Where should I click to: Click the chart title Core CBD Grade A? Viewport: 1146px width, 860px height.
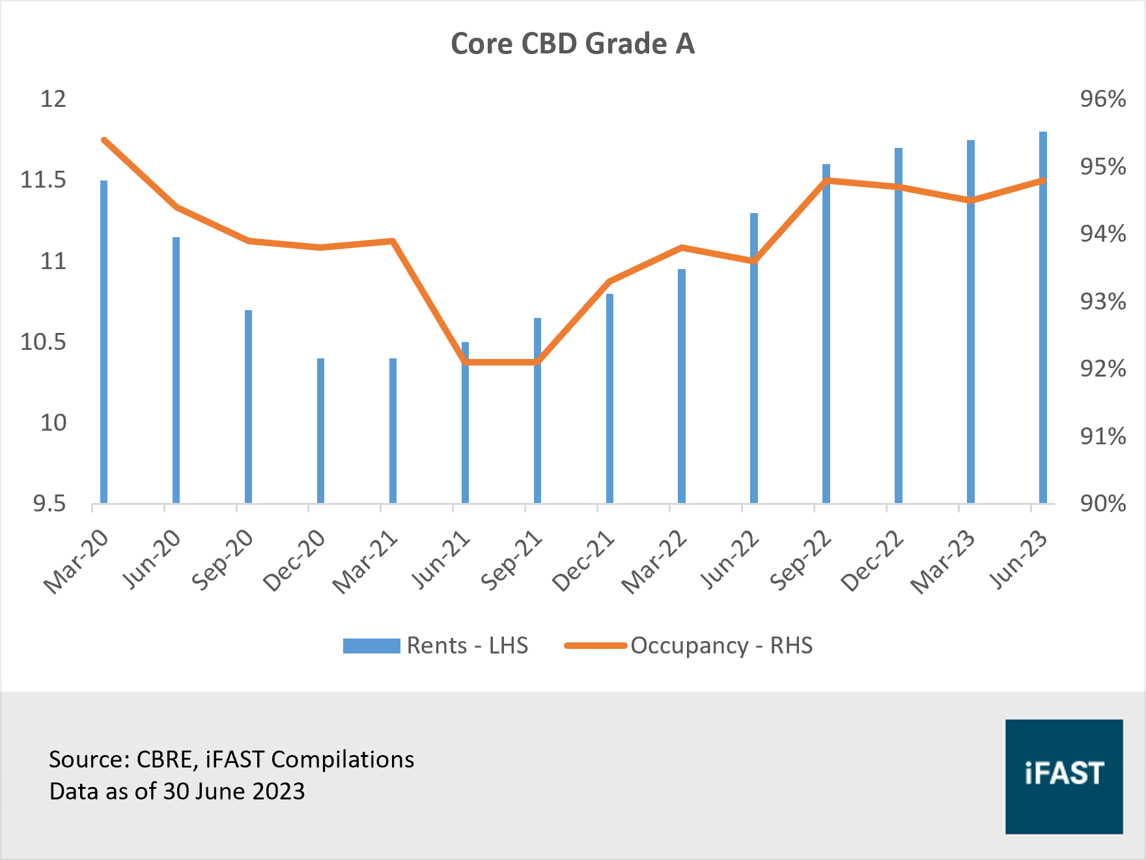pos(572,44)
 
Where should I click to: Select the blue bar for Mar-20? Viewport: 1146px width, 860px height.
pos(104,341)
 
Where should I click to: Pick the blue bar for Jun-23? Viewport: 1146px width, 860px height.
pos(1043,317)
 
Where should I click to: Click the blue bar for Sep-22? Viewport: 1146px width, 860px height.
pos(826,334)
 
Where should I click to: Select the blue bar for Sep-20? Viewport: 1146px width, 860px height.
pos(248,407)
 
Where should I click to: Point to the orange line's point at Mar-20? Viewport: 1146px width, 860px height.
pos(104,140)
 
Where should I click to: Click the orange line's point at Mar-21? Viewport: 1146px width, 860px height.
pos(393,241)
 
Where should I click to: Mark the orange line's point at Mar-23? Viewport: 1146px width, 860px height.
pos(971,200)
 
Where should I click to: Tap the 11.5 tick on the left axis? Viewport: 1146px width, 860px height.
pos(43,180)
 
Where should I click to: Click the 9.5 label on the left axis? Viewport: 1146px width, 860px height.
pos(49,504)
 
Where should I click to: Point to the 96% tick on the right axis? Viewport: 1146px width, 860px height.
pos(1102,99)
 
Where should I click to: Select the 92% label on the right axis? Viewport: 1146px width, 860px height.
pos(1102,369)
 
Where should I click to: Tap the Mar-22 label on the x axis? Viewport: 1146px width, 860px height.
pos(654,561)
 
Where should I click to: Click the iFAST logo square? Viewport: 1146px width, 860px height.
pos(1064,777)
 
